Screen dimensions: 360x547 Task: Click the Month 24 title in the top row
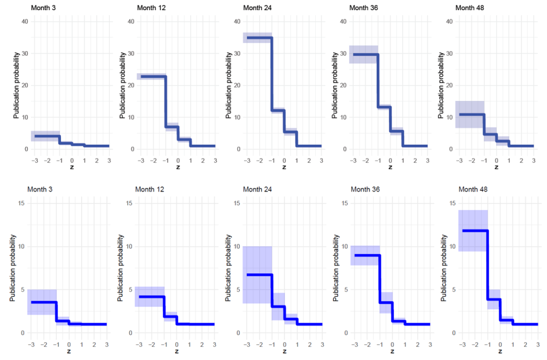click(256, 7)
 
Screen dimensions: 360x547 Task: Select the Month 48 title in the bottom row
click(471, 189)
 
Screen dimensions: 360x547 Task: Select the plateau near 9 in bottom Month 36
click(366, 255)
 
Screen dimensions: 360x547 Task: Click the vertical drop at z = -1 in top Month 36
click(378, 80)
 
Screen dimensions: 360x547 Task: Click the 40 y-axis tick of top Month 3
click(25, 21)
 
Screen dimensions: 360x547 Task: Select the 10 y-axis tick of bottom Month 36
click(344, 246)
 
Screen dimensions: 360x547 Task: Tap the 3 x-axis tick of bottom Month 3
click(106, 345)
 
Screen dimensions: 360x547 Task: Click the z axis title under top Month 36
click(390, 167)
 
